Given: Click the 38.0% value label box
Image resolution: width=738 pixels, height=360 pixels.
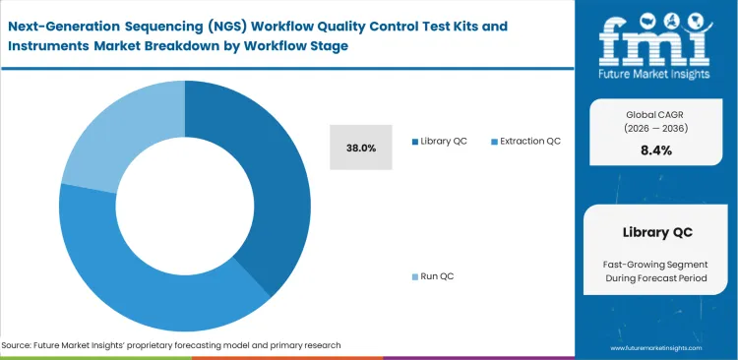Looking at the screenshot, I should coord(361,148).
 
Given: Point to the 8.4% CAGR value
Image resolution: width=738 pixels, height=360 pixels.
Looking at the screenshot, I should coord(657,150).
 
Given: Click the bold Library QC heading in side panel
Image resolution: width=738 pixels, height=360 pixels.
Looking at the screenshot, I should coord(657,232).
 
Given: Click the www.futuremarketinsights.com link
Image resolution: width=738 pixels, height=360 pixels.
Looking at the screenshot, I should coord(657,348).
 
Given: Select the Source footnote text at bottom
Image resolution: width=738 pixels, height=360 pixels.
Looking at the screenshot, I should coord(172,345).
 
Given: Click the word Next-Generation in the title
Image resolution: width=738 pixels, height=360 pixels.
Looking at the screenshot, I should coord(62,26).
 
